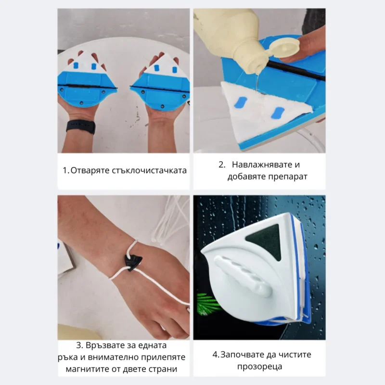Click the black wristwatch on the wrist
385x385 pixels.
click(80, 126)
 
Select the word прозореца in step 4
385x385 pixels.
click(259, 367)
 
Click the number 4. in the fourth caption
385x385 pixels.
click(216, 355)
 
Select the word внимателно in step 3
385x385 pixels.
click(123, 358)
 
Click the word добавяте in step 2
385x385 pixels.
click(246, 177)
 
